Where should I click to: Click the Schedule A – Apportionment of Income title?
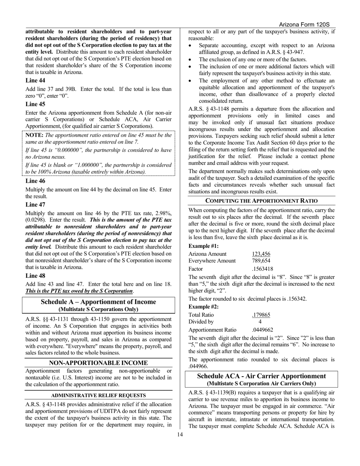tap(98, 302)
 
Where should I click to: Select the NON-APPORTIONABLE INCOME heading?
tap(99, 363)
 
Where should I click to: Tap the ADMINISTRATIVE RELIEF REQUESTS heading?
tap(99, 395)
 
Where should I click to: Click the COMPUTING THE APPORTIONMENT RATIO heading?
tap(261, 201)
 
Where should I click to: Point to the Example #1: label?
tap(203, 246)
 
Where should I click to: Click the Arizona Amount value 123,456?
tap(261, 254)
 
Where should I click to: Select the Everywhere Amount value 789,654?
tap(261, 261)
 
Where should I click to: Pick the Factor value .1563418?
tap(262, 269)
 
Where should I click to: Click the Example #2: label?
tap(203, 307)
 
